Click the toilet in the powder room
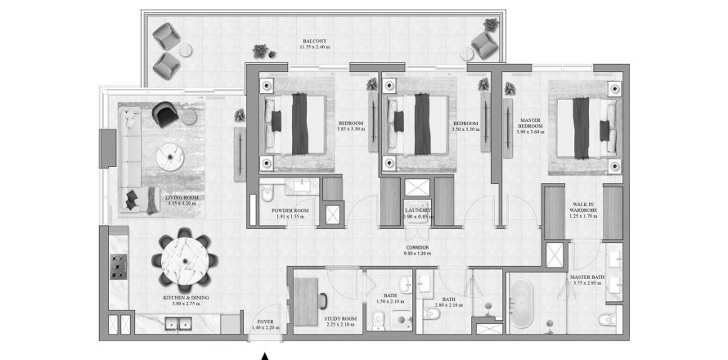267,195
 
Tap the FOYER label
265,324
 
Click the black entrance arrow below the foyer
264,354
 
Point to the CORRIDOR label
417,250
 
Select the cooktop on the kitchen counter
117,264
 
